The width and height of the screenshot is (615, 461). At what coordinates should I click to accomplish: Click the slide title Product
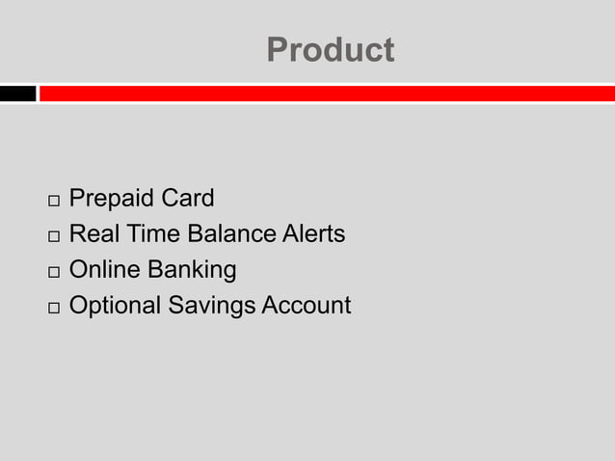click(x=330, y=49)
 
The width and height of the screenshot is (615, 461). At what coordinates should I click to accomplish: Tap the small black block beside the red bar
click(x=17, y=94)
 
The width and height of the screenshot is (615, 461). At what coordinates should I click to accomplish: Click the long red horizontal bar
click(x=326, y=94)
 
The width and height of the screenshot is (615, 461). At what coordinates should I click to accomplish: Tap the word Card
click(x=188, y=199)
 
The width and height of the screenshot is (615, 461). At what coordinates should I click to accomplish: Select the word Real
click(x=92, y=233)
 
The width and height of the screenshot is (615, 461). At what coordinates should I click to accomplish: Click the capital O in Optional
click(x=79, y=306)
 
